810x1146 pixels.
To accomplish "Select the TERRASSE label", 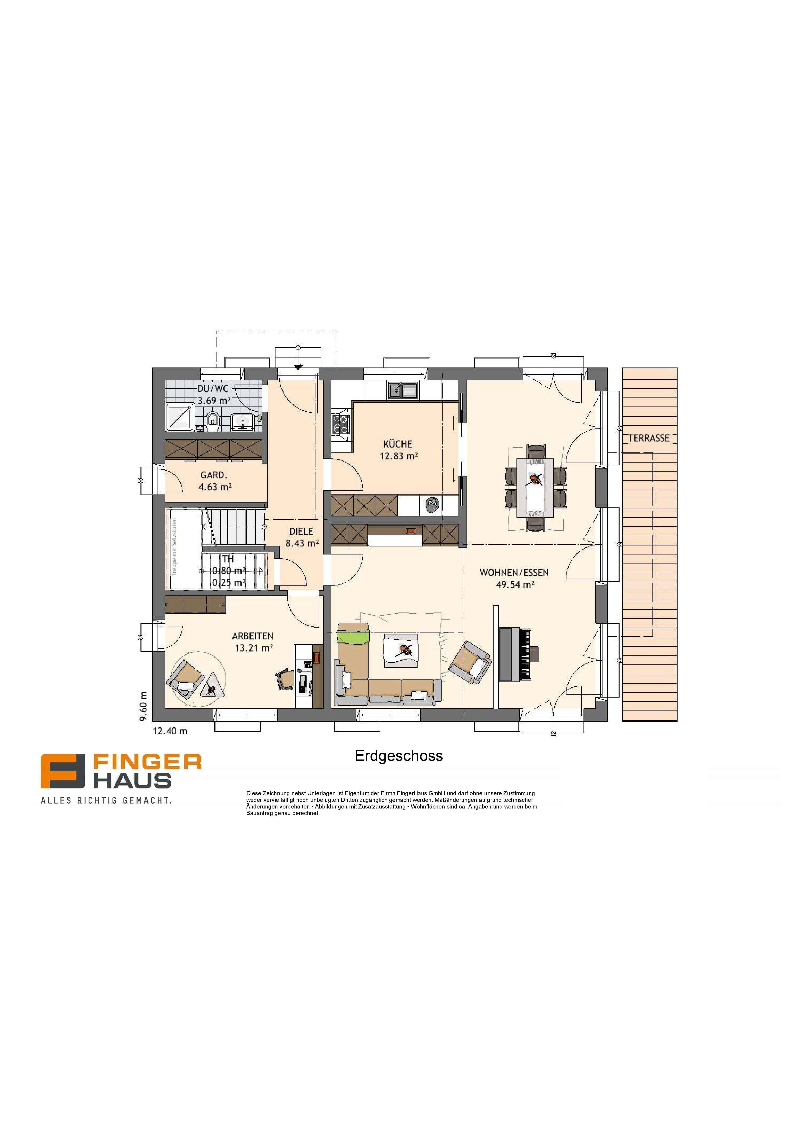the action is pyautogui.click(x=649, y=438).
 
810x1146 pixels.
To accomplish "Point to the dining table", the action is pyautogui.click(x=535, y=488).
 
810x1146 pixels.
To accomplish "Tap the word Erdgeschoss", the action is pyautogui.click(x=399, y=756).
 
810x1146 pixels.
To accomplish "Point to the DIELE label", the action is pyautogui.click(x=301, y=532).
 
